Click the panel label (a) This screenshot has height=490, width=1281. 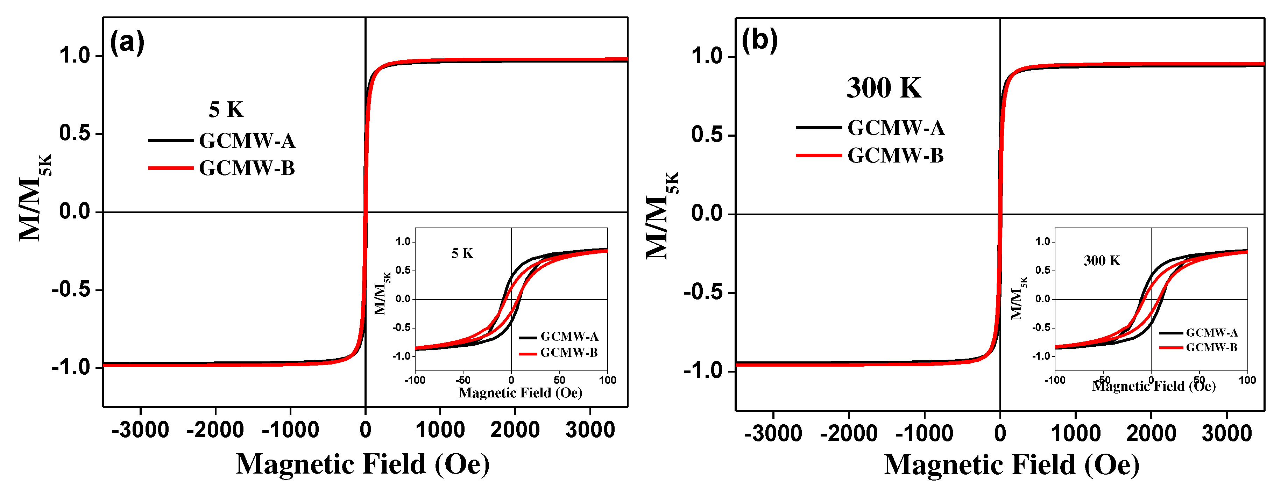(127, 42)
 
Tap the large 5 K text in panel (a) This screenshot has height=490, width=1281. (226, 110)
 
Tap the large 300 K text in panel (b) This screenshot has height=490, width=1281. (884, 88)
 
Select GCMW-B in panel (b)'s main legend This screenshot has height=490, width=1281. (895, 156)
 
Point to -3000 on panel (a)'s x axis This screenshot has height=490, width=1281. (140, 430)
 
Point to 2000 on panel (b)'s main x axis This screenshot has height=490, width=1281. (1151, 433)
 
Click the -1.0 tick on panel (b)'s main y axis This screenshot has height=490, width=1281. (706, 371)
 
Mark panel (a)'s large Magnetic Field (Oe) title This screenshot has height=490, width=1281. (362, 464)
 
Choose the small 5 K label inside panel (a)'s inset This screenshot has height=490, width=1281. (462, 253)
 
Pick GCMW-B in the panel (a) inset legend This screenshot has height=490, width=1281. (568, 353)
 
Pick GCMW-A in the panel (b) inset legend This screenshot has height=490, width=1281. (1211, 332)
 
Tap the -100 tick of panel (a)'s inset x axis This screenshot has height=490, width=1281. (415, 380)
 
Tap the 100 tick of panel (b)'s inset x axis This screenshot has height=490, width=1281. (1247, 380)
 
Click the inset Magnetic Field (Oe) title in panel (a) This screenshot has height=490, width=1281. (520, 393)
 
